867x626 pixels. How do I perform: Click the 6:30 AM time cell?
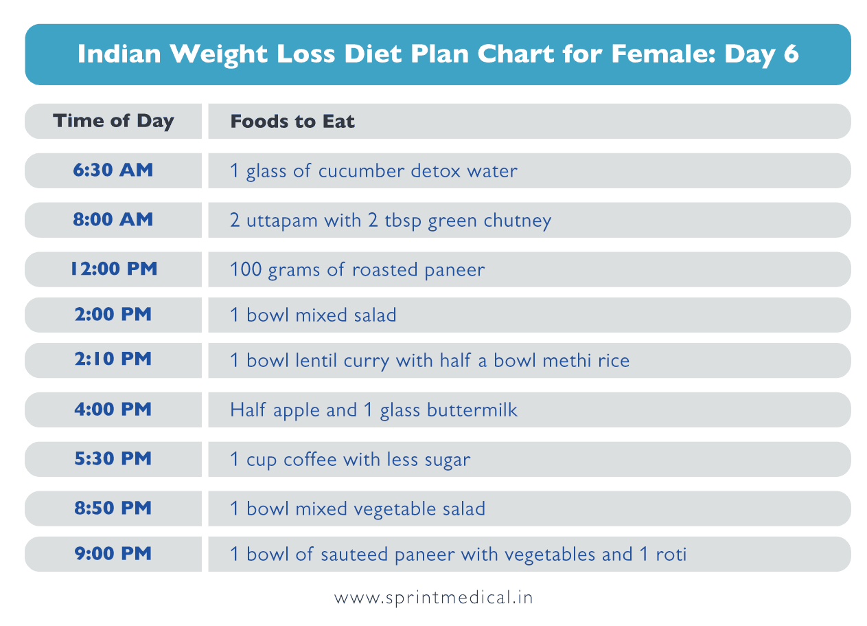(x=113, y=170)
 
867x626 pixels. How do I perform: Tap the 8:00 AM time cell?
(x=113, y=220)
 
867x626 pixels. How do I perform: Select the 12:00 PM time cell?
(x=113, y=269)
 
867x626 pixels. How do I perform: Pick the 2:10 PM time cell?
(x=113, y=359)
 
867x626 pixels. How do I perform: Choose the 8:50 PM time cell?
(x=113, y=508)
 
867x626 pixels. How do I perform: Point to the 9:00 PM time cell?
(x=113, y=554)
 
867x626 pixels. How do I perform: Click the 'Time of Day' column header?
(x=113, y=121)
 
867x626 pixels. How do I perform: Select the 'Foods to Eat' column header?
(x=292, y=122)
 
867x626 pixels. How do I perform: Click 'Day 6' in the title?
(x=762, y=54)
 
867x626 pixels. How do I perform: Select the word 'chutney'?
(x=518, y=221)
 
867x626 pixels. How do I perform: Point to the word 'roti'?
(x=670, y=554)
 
